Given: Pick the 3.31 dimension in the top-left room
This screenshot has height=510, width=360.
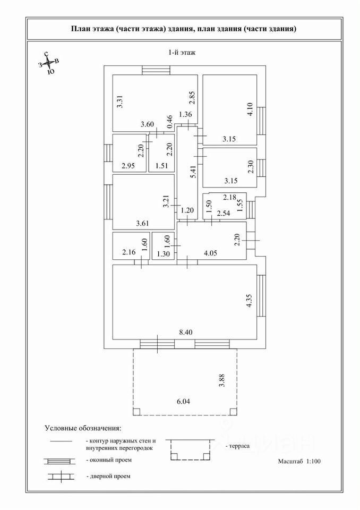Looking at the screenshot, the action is coord(120,101).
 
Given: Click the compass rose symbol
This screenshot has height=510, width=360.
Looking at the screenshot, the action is coord(48,64).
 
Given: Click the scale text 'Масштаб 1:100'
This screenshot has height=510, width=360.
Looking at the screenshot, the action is coord(299,462).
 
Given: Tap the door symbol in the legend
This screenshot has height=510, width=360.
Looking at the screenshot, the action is coord(61,476).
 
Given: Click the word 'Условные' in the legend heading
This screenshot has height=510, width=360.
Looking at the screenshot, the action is coord(61,428).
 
